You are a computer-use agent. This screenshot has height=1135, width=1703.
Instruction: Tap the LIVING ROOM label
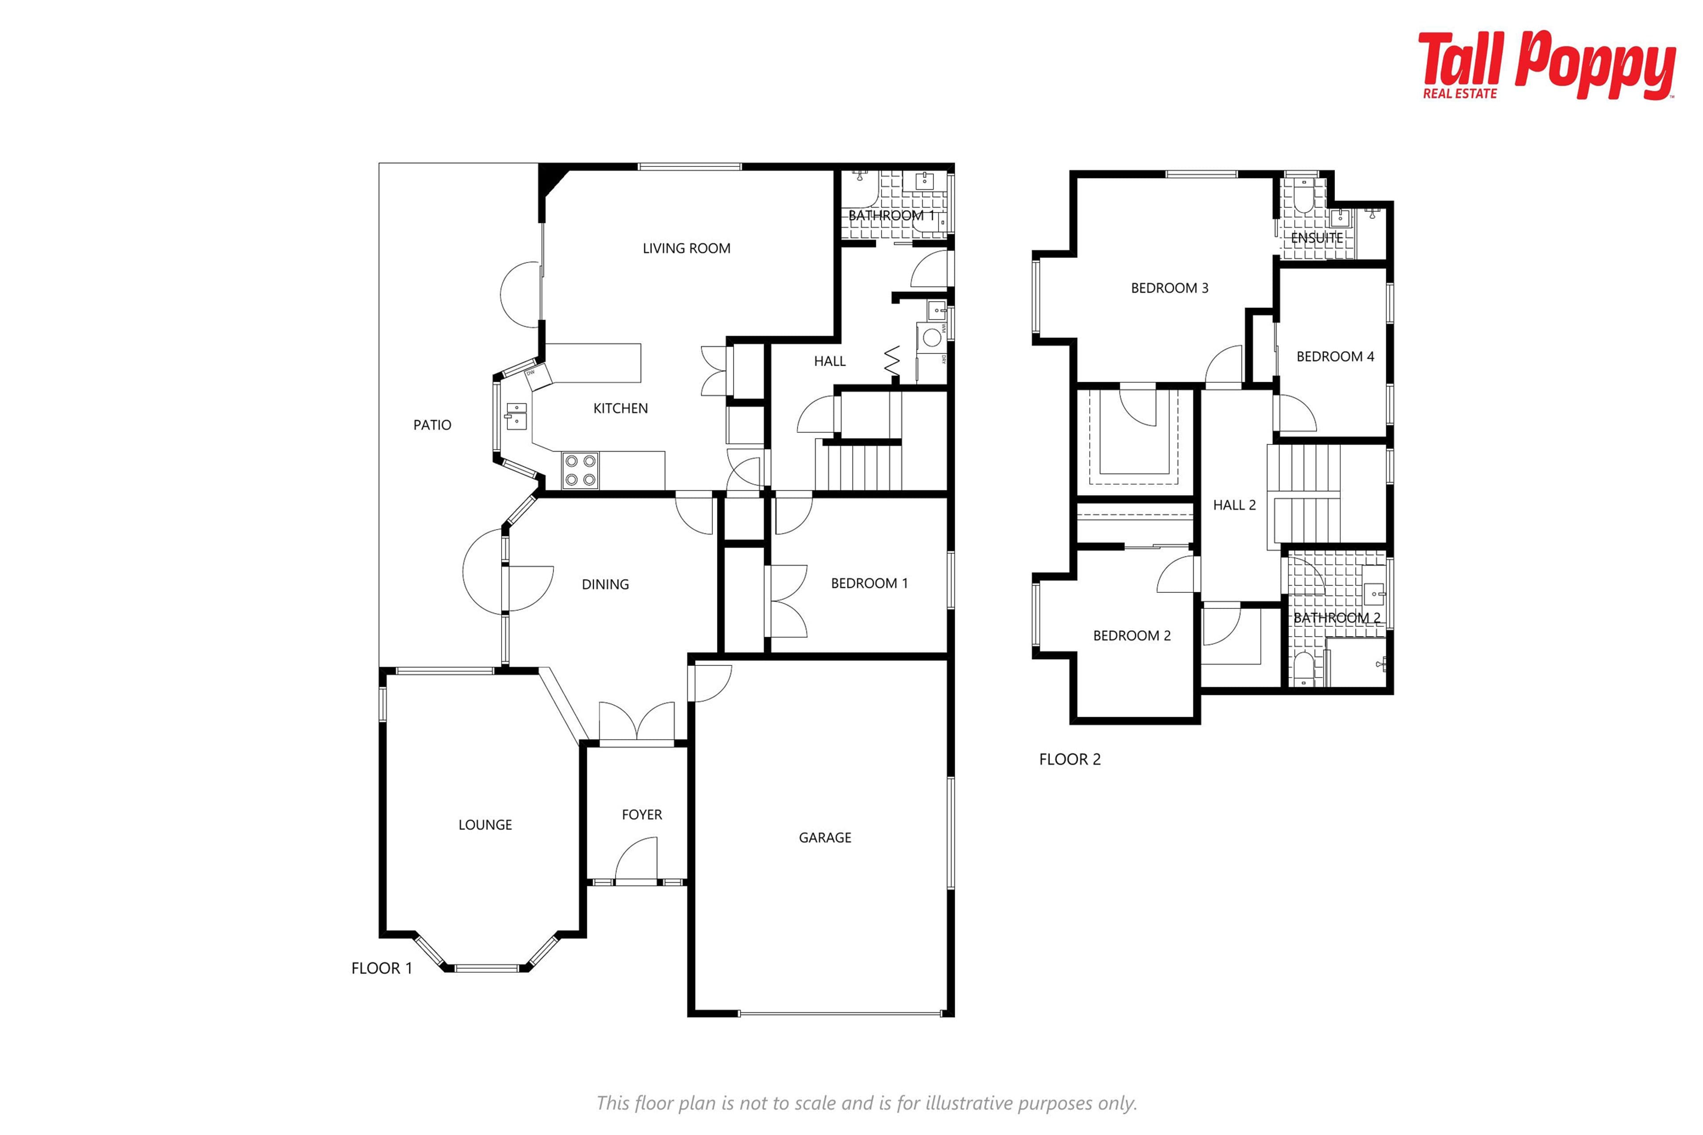click(x=687, y=248)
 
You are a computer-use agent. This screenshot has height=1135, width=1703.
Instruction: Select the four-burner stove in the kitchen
click(x=581, y=470)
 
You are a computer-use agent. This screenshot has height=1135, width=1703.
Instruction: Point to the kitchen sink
click(x=515, y=416)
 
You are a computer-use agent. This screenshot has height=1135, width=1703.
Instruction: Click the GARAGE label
click(x=825, y=838)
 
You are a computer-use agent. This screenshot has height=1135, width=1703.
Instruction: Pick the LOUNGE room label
click(x=485, y=825)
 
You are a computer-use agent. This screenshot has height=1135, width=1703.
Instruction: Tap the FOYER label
click(x=642, y=814)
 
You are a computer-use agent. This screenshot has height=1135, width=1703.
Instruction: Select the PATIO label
click(x=432, y=425)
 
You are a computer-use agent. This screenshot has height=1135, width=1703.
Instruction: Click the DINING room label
click(x=605, y=584)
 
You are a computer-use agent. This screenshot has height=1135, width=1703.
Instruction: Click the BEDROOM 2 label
click(x=1132, y=635)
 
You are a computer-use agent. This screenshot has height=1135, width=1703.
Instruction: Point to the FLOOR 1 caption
click(x=381, y=968)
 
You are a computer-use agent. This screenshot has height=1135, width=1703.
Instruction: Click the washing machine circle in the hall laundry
click(x=932, y=337)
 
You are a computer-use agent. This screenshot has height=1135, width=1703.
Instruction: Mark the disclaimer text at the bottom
click(x=867, y=1103)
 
